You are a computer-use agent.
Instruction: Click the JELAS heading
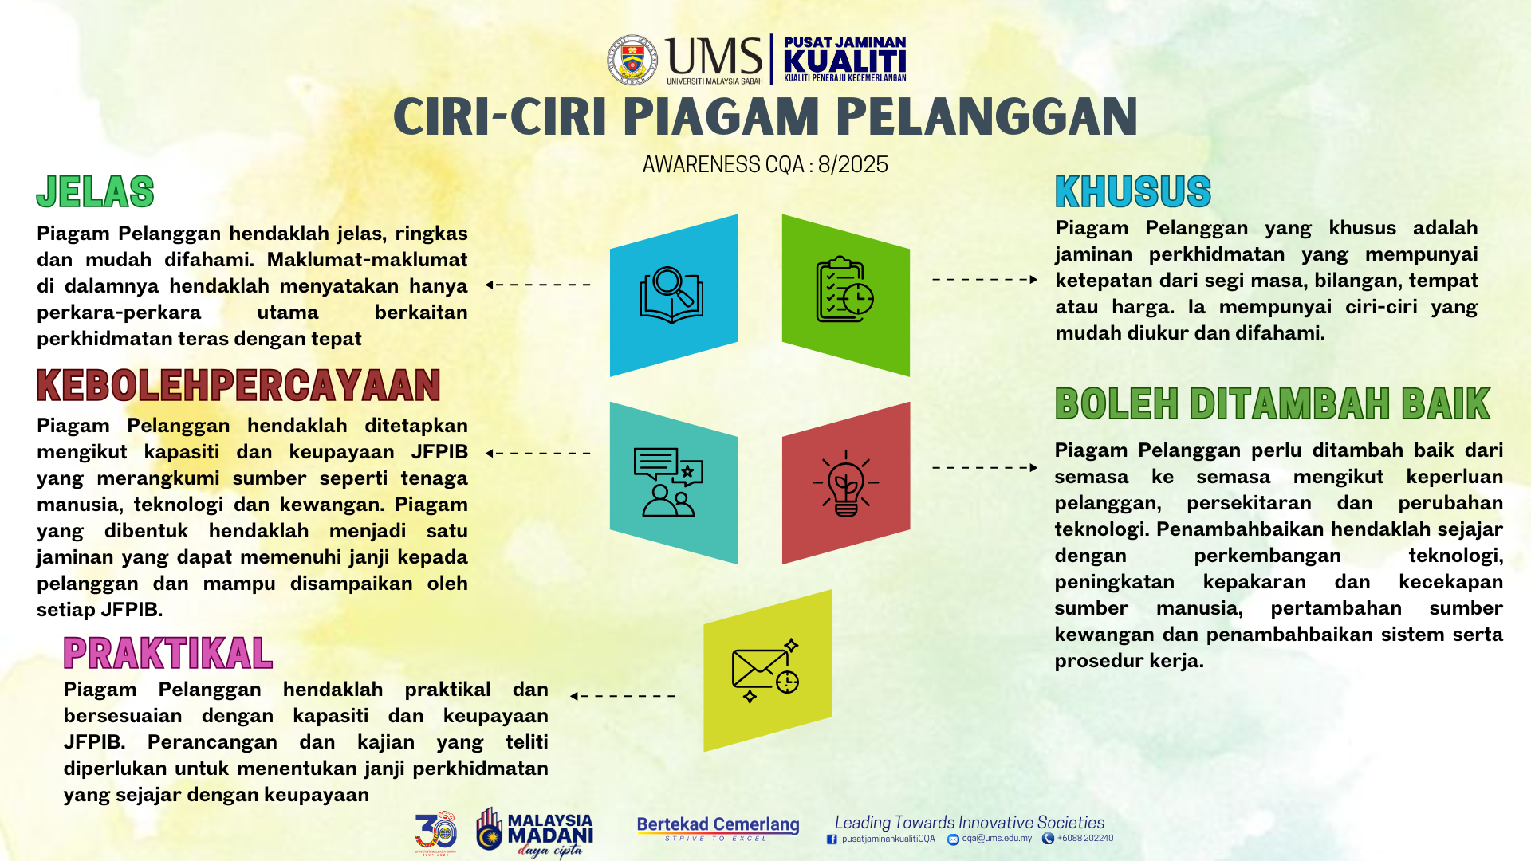point(95,191)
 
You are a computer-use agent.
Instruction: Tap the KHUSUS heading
point(1133,191)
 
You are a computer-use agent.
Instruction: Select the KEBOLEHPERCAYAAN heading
point(238,386)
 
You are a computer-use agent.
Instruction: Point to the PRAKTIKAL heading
point(168,654)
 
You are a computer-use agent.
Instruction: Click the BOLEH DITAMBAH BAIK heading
point(1273,403)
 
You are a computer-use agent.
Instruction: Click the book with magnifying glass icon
point(671,295)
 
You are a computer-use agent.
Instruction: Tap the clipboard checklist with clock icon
point(844,289)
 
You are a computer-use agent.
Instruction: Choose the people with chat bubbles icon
point(668,482)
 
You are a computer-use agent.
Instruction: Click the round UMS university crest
point(632,60)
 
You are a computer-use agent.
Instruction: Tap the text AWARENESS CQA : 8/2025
point(765,164)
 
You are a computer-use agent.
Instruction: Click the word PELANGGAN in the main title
point(986,117)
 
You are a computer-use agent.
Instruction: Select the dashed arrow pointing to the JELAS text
point(537,285)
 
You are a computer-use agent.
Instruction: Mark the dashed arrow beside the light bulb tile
point(986,467)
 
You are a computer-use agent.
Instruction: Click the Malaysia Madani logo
point(535,833)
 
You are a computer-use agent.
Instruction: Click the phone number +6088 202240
point(1085,839)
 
